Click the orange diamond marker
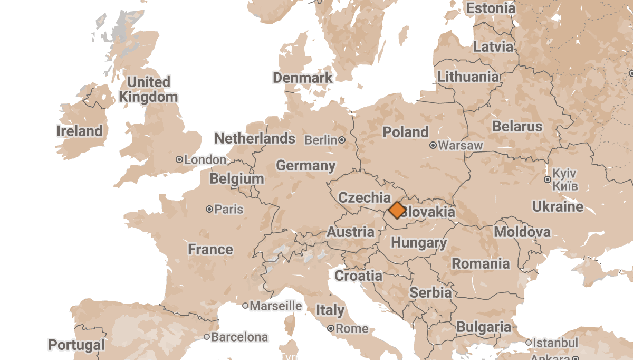pos(397,210)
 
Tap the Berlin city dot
pos(342,140)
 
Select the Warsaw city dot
pos(433,145)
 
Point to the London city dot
pos(179,159)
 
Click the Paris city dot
pos(209,210)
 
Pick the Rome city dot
pos(331,328)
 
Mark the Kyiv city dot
pos(548,179)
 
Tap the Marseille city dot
pos(245,306)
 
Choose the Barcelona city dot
pos(207,337)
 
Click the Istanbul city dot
pos(529,343)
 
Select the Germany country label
pos(306,166)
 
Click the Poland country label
pos(405,132)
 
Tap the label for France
pos(210,249)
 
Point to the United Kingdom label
pos(148,90)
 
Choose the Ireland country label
pos(80,131)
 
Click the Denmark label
pos(303,78)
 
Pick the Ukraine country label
pos(558,206)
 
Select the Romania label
pos(481,263)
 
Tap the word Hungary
pos(419,243)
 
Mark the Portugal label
pos(76,345)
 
